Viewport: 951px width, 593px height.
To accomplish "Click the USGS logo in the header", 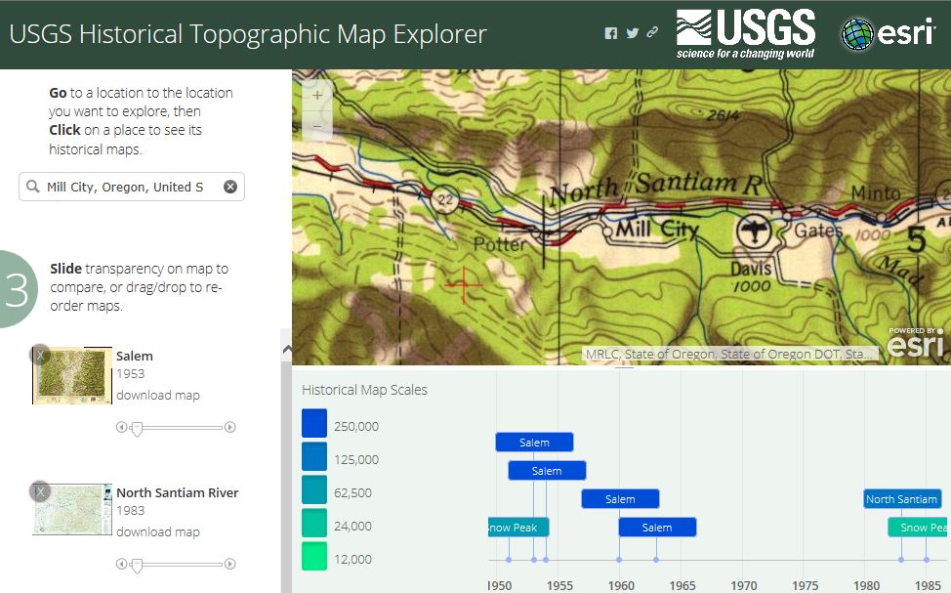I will point(745,33).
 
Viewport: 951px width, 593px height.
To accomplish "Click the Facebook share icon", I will point(611,33).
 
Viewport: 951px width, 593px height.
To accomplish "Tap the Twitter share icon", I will point(633,33).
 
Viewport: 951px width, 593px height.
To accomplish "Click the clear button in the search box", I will point(230,187).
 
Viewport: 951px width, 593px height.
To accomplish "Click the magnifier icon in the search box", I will point(33,187).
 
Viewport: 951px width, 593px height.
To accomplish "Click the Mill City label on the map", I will point(656,231).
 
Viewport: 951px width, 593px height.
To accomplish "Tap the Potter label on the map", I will point(499,244).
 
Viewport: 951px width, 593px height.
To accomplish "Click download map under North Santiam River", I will point(158,532).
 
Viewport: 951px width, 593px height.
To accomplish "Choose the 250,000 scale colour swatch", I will point(314,424).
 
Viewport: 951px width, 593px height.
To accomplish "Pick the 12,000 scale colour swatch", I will point(314,557).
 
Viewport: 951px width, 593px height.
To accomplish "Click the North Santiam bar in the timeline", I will point(901,499).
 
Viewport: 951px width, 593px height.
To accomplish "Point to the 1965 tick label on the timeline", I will point(682,585).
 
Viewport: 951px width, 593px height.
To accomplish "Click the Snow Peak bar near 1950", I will point(518,528).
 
